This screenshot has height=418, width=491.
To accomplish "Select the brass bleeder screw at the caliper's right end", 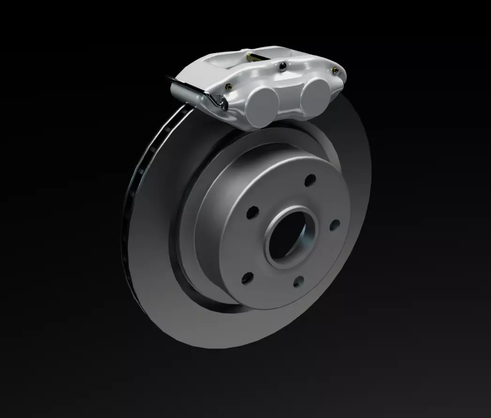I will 335,70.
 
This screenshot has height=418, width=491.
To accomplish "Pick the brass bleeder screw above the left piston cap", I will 228,86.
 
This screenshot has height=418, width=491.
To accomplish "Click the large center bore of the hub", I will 287,235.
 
